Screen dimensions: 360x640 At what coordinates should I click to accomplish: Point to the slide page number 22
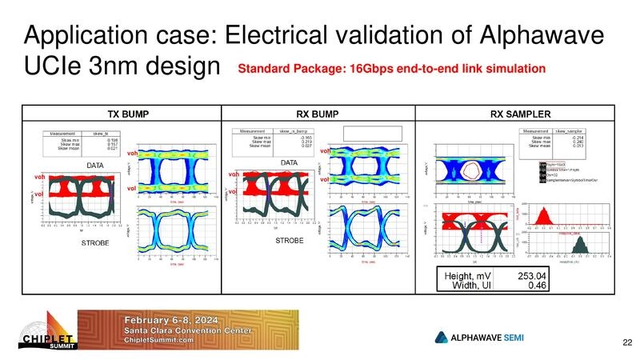pyautogui.click(x=626, y=342)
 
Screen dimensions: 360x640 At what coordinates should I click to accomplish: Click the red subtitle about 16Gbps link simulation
pyautogui.click(x=392, y=70)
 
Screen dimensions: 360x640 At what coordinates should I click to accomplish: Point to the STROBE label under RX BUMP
pyautogui.click(x=290, y=240)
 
